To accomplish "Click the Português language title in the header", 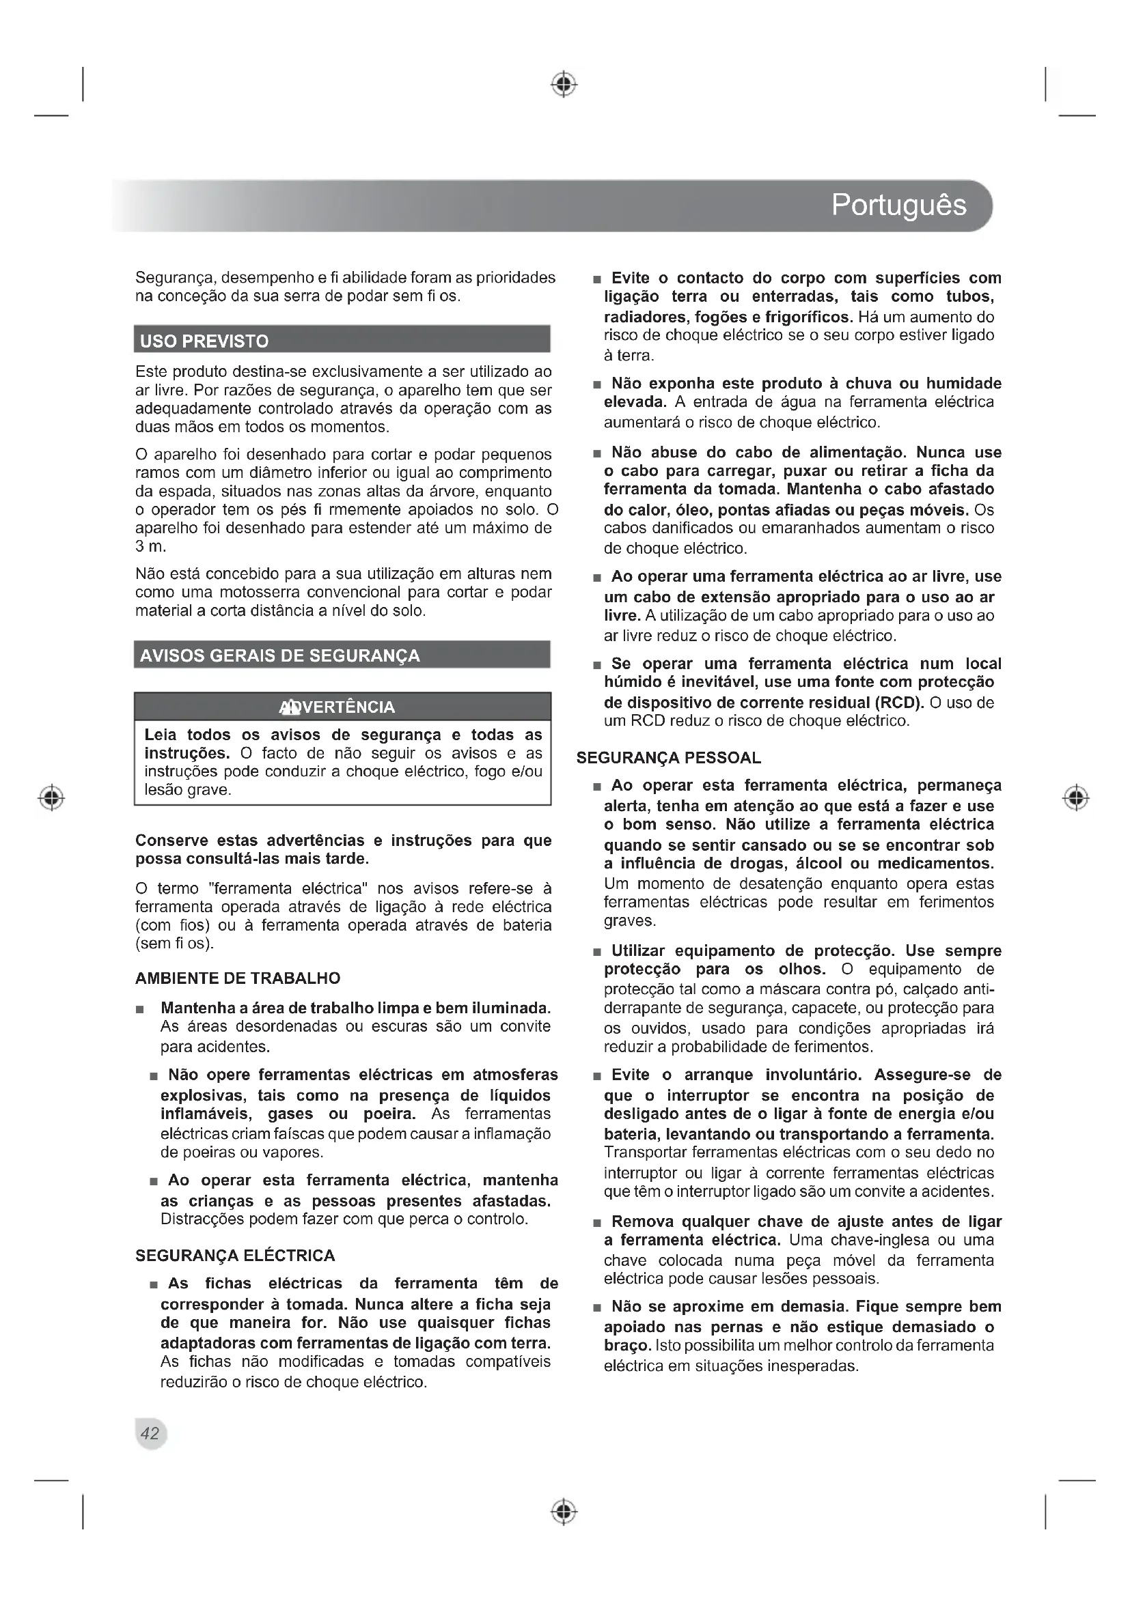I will [898, 206].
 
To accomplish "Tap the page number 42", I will [150, 1433].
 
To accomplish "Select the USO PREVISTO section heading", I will [204, 341].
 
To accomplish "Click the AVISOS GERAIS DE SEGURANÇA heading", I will [279, 656].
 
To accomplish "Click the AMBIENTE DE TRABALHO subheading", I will [237, 978].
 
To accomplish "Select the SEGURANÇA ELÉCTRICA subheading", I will [235, 1256].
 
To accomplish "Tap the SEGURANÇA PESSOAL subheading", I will [669, 758].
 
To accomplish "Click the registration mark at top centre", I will [564, 84].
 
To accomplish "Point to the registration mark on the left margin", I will [51, 797].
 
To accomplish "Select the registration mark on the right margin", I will [1076, 797].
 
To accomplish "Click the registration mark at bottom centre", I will [564, 1512].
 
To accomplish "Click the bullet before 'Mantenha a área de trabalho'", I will [141, 1008].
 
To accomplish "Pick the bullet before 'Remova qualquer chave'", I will [596, 1223].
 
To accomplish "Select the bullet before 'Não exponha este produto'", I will [596, 384].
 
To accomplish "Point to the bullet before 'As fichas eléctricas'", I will [153, 1285].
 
